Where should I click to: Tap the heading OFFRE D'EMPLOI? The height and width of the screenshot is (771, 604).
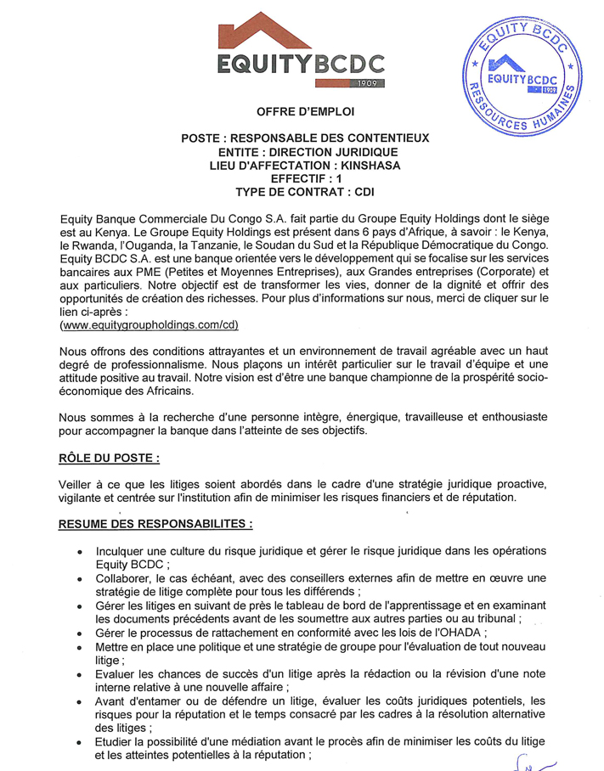pos(306,111)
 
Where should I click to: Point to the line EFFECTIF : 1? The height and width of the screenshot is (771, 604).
pos(306,178)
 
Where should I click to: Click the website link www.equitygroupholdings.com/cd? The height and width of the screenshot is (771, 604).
pos(150,325)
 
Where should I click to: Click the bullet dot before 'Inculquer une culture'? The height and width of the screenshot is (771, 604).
pos(80,551)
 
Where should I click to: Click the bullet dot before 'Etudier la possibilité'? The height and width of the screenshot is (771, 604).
pos(80,742)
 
